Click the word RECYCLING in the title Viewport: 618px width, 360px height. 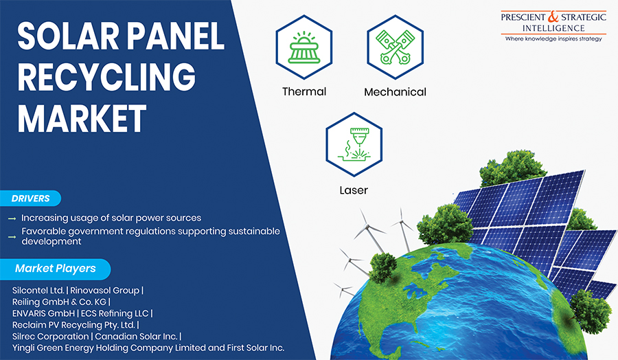[106, 77]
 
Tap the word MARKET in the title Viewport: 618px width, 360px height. [82, 119]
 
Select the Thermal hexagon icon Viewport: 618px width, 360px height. [304, 47]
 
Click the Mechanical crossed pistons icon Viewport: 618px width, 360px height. [396, 47]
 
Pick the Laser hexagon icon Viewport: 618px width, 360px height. [354, 144]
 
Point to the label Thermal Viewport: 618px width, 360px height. [304, 91]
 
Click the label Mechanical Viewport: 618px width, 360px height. [395, 92]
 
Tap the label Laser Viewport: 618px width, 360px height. [354, 190]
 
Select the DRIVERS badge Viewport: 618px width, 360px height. [30, 199]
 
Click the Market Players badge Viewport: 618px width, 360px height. [55, 269]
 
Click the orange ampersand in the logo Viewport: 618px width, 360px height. [553, 16]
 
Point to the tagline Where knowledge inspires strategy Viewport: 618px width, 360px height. [553, 38]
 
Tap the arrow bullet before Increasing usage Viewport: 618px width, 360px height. [12, 218]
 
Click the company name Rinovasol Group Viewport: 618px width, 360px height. [105, 291]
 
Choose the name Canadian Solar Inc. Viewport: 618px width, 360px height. [136, 337]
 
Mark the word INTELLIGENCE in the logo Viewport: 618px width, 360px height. [553, 28]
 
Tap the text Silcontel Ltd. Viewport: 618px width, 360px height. [38, 291]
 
